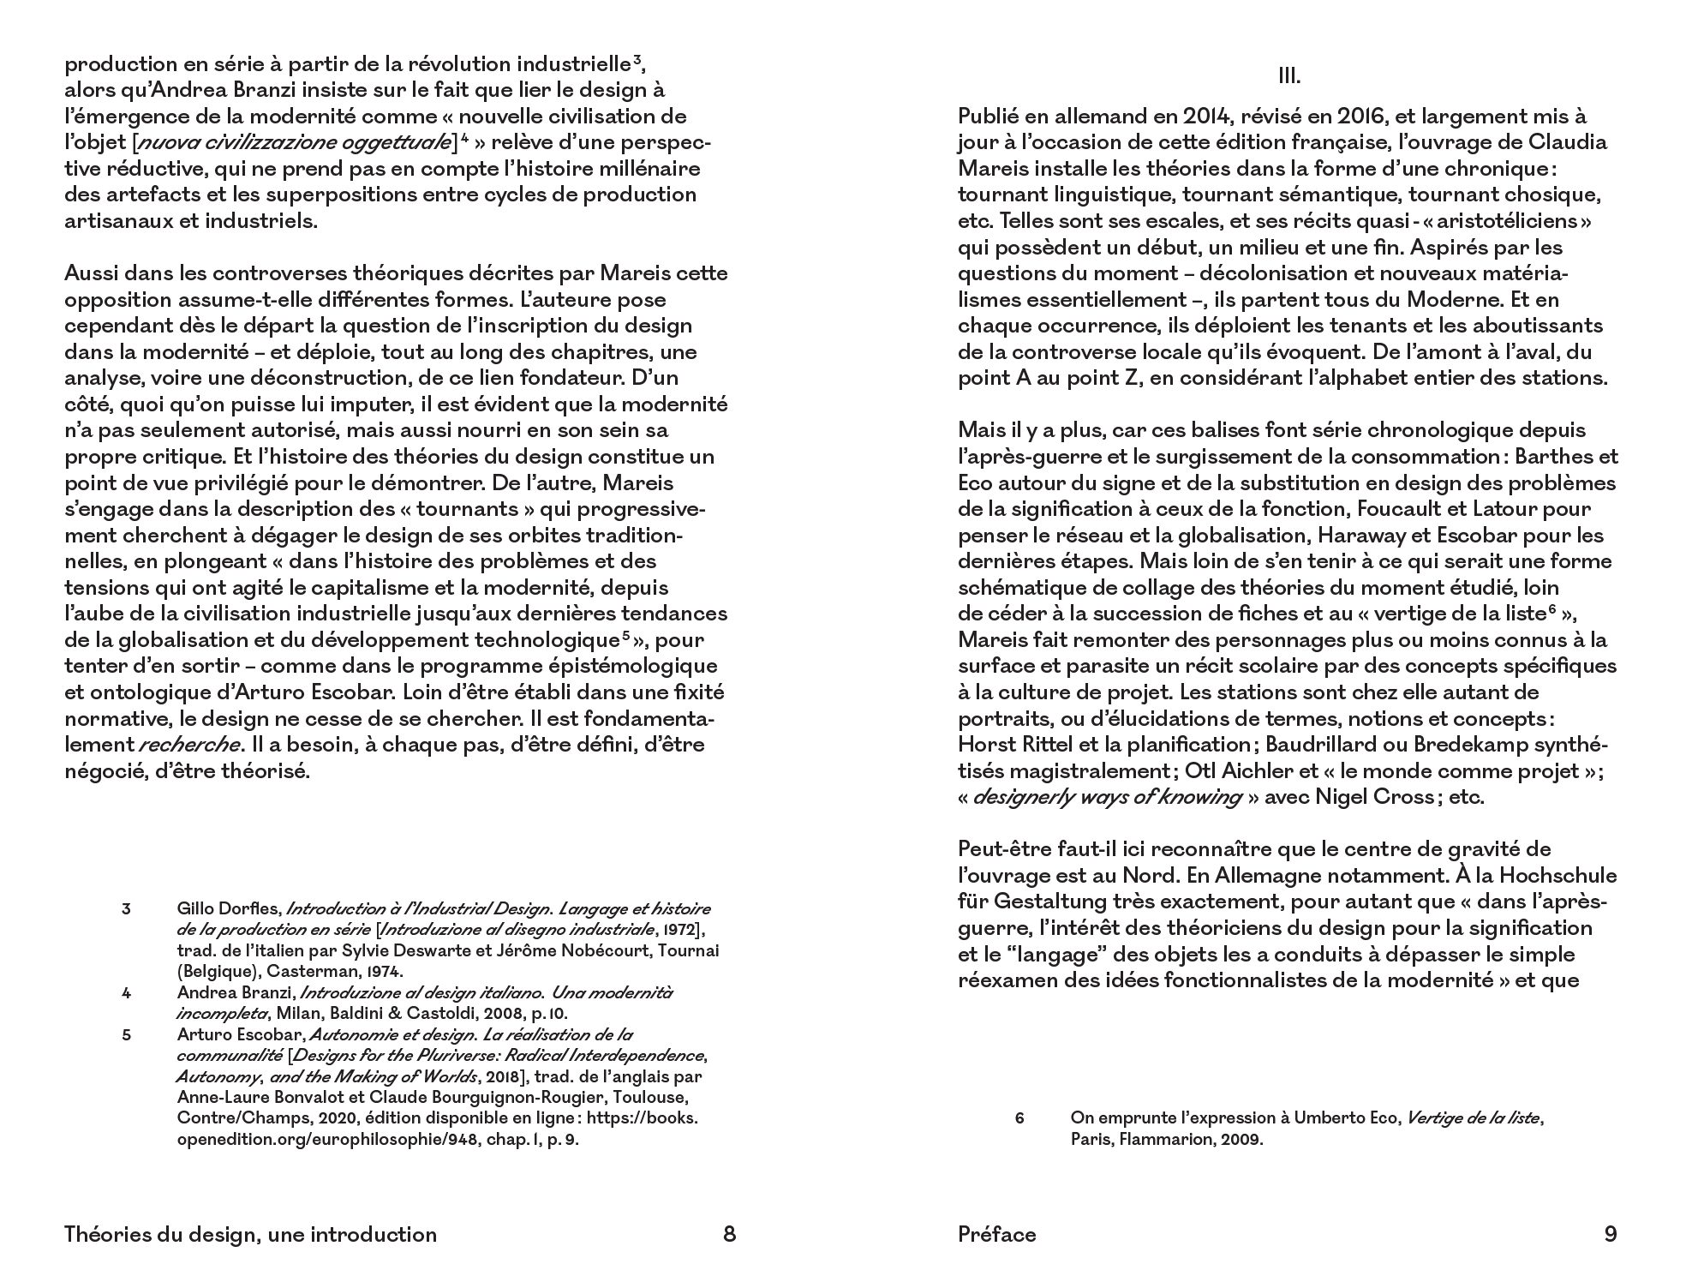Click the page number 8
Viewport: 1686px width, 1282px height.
tap(729, 1234)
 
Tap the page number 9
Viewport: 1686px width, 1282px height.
tap(1610, 1234)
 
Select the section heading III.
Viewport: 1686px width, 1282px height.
tap(1288, 76)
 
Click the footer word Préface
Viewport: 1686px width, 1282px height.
tap(997, 1234)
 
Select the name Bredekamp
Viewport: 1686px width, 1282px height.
tap(1490, 745)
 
